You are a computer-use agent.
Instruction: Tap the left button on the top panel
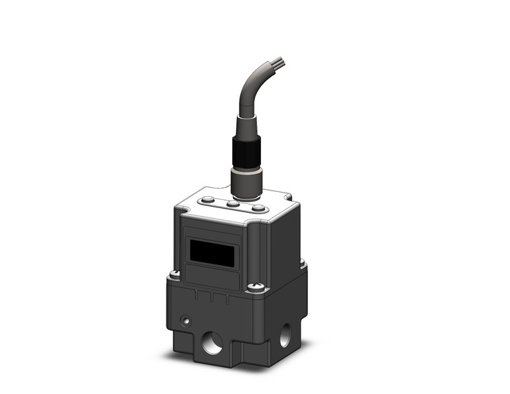tap(209, 199)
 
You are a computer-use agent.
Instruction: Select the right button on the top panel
tap(258, 209)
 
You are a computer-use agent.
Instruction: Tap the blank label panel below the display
tap(211, 277)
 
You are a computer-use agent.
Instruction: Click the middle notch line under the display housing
tap(212, 297)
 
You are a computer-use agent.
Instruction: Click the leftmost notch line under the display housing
tap(196, 294)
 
